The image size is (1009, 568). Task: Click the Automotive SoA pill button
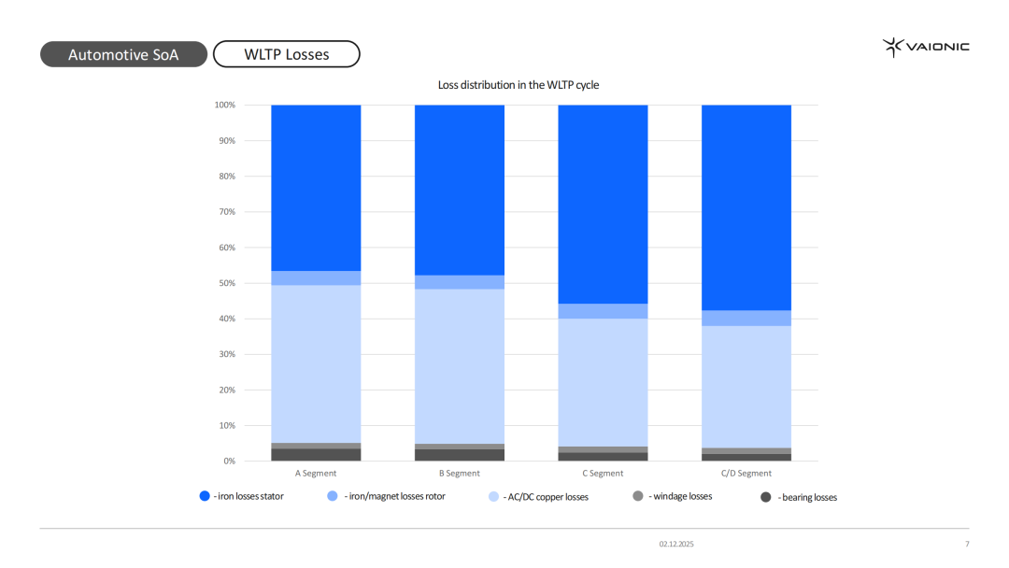[x=123, y=54]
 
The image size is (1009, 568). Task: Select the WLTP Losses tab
[x=287, y=54]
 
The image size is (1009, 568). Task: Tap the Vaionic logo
[x=926, y=47]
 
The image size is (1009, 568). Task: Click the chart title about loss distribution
[x=519, y=85]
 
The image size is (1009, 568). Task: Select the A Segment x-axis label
[x=316, y=474]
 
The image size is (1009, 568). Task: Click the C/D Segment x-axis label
[x=746, y=474]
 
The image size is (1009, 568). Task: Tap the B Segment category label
[x=459, y=474]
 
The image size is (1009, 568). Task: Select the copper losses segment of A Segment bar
[x=316, y=363]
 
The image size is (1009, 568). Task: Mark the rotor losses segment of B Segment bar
[x=459, y=282]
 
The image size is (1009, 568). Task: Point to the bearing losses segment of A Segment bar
[x=316, y=455]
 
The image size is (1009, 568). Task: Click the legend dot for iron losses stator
[x=206, y=496]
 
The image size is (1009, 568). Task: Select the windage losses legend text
[x=680, y=496]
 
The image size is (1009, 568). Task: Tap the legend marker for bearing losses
[x=766, y=497]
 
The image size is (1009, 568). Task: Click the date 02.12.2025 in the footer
[x=676, y=544]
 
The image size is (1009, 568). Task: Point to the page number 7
[x=967, y=544]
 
